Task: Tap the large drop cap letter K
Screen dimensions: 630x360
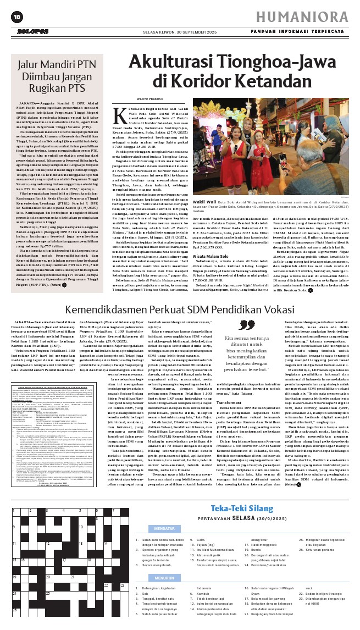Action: point(118,114)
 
